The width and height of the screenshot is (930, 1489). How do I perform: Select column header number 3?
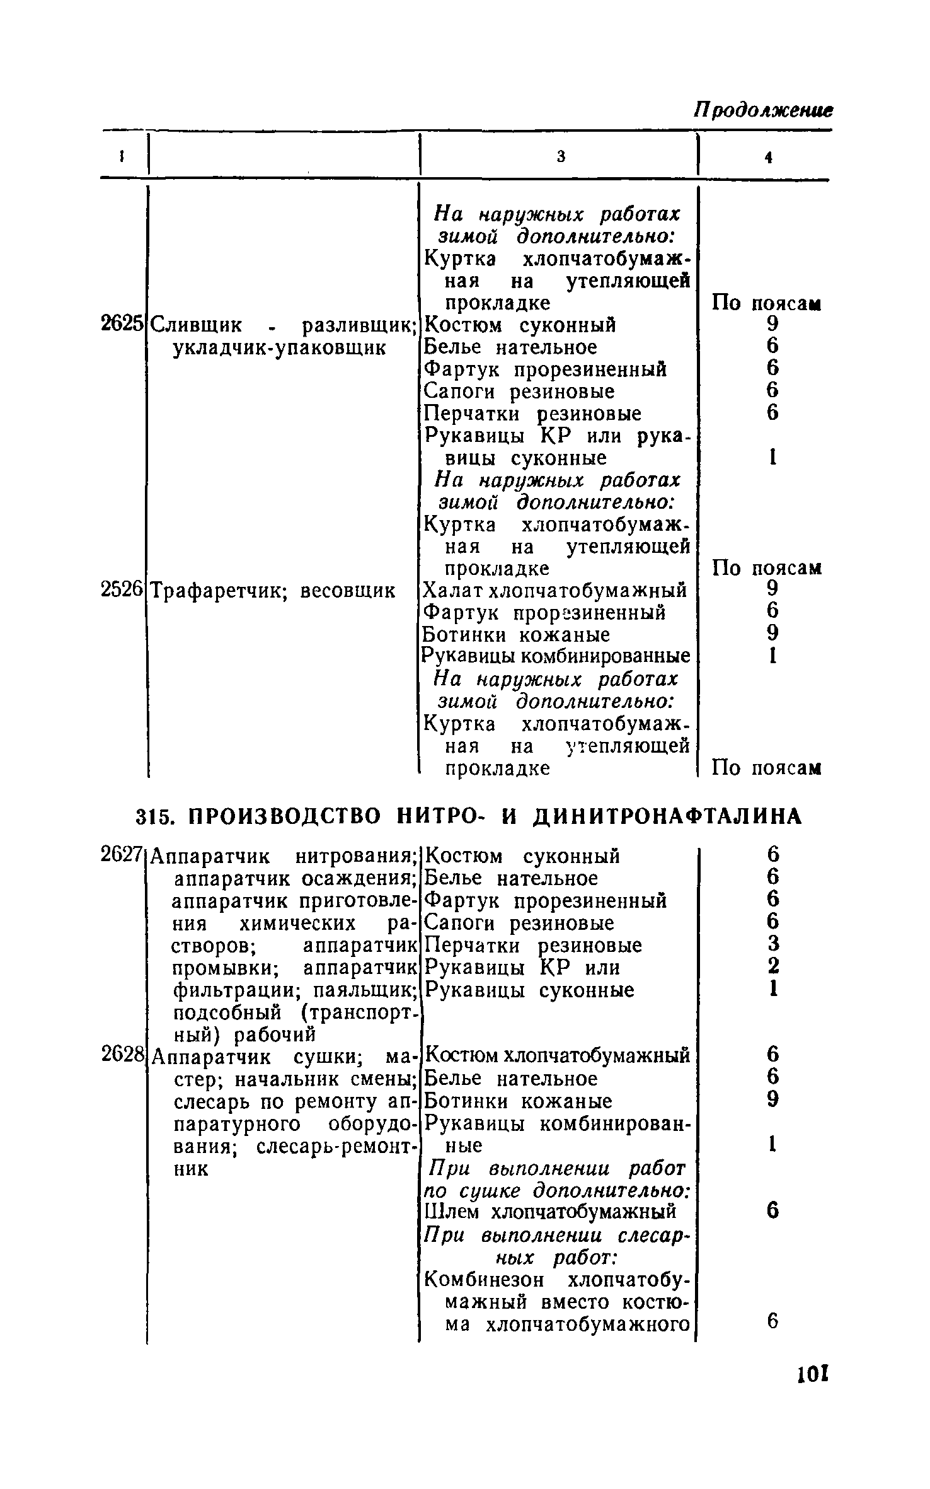(x=561, y=158)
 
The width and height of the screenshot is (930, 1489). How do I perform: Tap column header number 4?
(x=768, y=158)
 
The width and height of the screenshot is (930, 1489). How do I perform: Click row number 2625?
(x=122, y=324)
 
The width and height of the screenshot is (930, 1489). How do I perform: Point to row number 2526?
(x=122, y=590)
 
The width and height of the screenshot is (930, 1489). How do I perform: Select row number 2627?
(x=122, y=855)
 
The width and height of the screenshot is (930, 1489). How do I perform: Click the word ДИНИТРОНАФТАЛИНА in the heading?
(x=667, y=816)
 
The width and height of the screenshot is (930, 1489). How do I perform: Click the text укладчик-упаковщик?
(x=279, y=347)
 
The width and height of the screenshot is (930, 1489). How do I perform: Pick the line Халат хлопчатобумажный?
(x=554, y=591)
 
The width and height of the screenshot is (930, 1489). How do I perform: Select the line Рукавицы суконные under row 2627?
(x=529, y=990)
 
